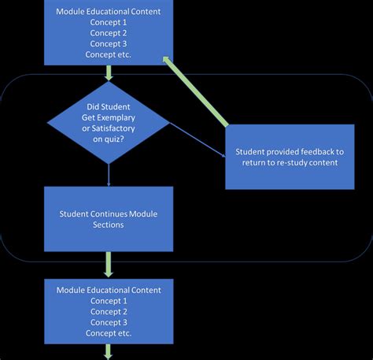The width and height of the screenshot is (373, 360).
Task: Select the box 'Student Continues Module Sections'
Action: coord(109,219)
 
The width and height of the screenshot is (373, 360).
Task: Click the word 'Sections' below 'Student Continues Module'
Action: coord(109,225)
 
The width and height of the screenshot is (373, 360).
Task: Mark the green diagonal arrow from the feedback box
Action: coord(196,92)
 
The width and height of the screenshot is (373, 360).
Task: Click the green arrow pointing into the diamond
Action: coord(109,72)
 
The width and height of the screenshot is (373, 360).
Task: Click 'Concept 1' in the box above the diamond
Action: coord(109,23)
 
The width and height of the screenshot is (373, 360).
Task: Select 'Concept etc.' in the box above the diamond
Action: coord(109,54)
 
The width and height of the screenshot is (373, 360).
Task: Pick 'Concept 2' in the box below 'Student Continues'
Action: coord(109,311)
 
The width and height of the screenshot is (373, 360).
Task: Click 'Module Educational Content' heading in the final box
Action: coord(109,290)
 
